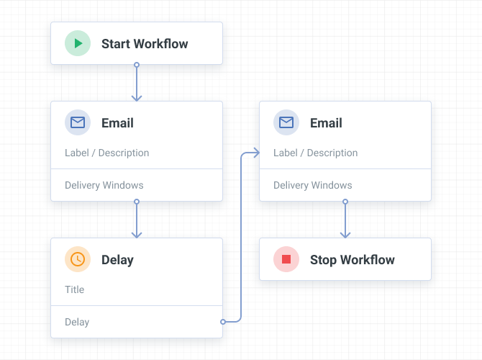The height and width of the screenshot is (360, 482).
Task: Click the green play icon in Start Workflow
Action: point(78,43)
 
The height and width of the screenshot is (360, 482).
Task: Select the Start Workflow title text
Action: point(145,44)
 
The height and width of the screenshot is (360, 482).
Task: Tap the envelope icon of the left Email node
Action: point(78,122)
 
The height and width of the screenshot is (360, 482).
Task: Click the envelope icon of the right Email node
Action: point(286,122)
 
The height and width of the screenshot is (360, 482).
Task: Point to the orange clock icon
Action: point(78,259)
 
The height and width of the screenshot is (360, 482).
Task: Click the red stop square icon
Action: point(286,259)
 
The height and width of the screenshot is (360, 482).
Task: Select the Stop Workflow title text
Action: point(353,260)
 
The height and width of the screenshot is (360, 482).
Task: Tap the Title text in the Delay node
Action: point(74,289)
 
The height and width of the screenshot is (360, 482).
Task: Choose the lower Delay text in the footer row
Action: point(77,322)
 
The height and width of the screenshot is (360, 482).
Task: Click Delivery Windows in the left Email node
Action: point(104,185)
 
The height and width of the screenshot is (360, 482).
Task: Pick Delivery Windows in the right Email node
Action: point(313,185)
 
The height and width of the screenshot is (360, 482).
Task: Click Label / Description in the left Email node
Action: point(107,153)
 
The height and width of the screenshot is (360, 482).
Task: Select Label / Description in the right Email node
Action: point(316,153)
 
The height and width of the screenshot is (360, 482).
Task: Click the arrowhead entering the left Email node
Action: point(137,97)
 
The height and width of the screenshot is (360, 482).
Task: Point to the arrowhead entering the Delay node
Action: point(137,234)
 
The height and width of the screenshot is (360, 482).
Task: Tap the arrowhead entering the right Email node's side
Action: point(255,153)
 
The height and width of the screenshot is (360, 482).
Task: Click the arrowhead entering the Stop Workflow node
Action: point(345,234)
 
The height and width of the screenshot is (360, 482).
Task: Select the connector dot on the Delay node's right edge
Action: point(223,321)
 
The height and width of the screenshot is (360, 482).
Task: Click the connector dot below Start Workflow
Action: point(137,65)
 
